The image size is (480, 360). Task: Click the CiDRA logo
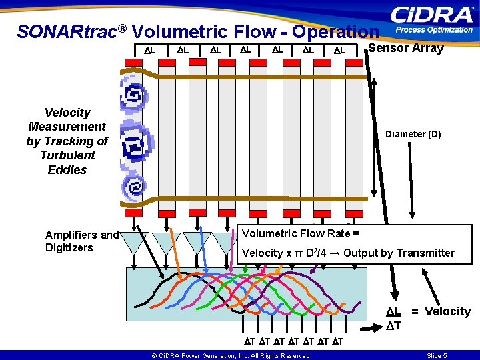432,15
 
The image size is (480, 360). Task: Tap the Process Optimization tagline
434,30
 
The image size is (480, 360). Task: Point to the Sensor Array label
406,48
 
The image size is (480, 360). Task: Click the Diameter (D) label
413,134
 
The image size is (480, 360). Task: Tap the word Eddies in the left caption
67,170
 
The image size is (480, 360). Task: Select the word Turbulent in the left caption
67,155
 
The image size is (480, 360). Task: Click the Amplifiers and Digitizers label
81,241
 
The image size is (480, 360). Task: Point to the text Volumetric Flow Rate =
301,233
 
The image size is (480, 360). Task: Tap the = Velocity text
441,311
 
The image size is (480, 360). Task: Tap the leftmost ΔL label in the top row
149,50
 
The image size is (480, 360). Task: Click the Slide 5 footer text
437,355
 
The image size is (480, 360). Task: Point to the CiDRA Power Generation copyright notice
230,355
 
